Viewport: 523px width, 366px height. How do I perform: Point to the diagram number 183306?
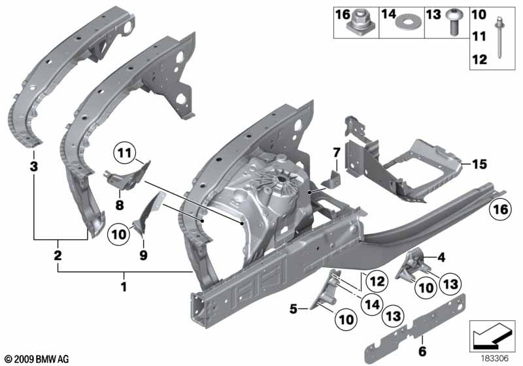click(495, 357)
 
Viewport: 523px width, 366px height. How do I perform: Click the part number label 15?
click(480, 165)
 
